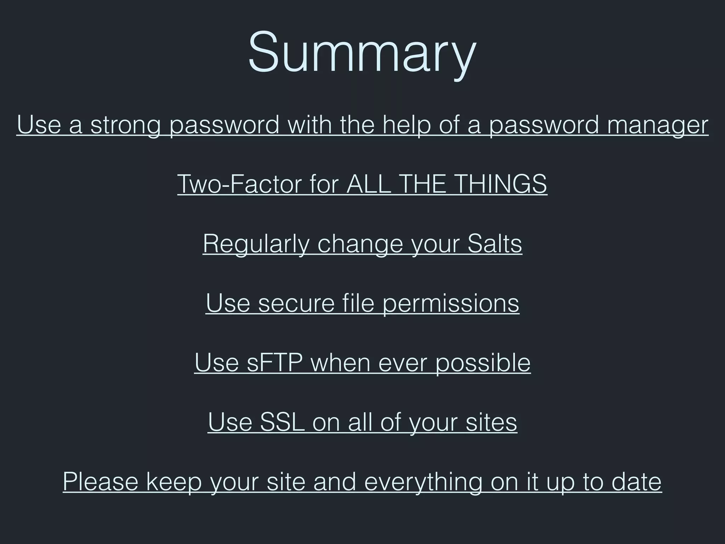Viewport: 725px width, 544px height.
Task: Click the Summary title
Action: (362, 53)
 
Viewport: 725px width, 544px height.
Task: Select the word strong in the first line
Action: (125, 125)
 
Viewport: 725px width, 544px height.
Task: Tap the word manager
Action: (658, 125)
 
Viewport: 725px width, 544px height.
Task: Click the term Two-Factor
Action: (239, 184)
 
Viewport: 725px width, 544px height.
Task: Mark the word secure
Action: (296, 303)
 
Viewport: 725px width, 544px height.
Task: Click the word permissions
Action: (451, 303)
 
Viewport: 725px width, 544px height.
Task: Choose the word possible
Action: (483, 363)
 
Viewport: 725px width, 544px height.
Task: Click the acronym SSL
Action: (282, 422)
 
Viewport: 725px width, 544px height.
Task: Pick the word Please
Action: (101, 482)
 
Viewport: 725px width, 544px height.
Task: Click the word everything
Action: (423, 482)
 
